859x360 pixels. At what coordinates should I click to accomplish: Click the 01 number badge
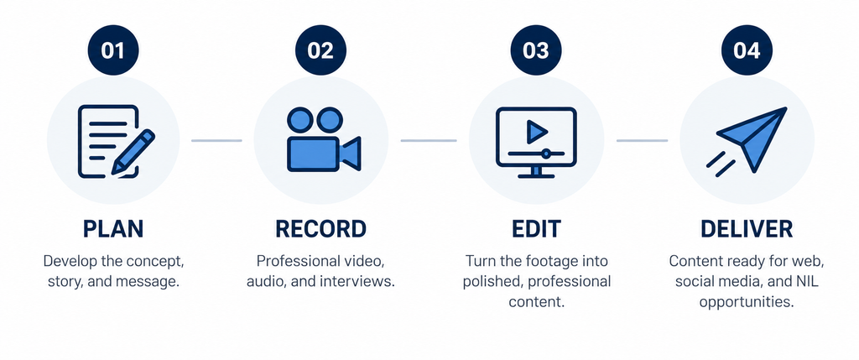[x=113, y=50]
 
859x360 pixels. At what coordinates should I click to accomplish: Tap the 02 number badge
[x=320, y=50]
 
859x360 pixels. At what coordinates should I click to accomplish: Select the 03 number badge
[x=536, y=50]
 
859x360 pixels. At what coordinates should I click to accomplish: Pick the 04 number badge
[x=747, y=50]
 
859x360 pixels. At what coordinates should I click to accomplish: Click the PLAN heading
[x=113, y=229]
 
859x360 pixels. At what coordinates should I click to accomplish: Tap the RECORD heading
[x=320, y=229]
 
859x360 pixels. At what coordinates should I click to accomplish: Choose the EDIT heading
[x=536, y=229]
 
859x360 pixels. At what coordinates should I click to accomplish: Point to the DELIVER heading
[x=747, y=229]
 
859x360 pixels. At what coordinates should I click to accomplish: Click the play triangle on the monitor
[x=537, y=132]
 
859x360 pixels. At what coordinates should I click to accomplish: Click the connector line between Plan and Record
[x=216, y=141]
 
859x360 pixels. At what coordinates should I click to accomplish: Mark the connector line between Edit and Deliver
[x=642, y=141]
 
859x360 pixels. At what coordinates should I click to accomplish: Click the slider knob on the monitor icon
[x=545, y=154]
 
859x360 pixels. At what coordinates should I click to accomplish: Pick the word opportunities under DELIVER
[x=747, y=302]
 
